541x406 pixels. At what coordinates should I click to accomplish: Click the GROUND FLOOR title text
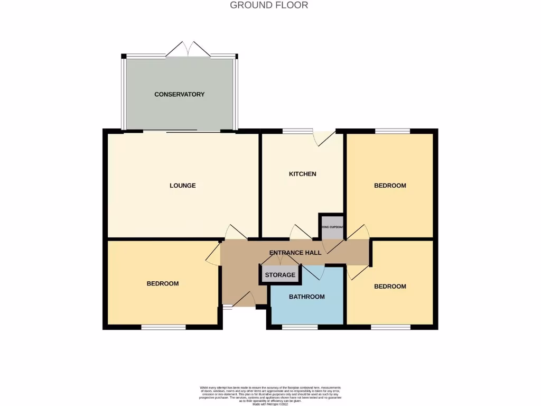tap(269, 5)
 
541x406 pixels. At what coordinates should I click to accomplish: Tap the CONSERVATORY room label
tap(179, 94)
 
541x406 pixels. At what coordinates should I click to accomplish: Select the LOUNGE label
tap(183, 186)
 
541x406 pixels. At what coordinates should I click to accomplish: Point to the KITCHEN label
tap(302, 174)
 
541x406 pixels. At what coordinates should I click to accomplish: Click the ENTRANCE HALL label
tap(295, 253)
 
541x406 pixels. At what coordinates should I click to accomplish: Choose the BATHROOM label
tap(306, 297)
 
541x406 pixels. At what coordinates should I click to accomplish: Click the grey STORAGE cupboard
tap(280, 275)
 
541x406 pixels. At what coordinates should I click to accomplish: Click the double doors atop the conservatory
tap(188, 49)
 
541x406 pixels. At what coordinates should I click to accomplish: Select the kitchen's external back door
tap(323, 137)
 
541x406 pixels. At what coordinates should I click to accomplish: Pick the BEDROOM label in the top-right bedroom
tap(390, 186)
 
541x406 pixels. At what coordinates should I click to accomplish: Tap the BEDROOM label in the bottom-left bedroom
tap(163, 283)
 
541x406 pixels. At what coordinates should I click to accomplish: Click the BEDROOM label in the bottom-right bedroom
tap(390, 287)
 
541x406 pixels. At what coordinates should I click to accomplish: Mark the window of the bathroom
tap(300, 327)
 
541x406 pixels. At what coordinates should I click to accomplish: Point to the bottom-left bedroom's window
tap(163, 327)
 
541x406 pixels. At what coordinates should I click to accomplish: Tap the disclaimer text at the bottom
tap(270, 395)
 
